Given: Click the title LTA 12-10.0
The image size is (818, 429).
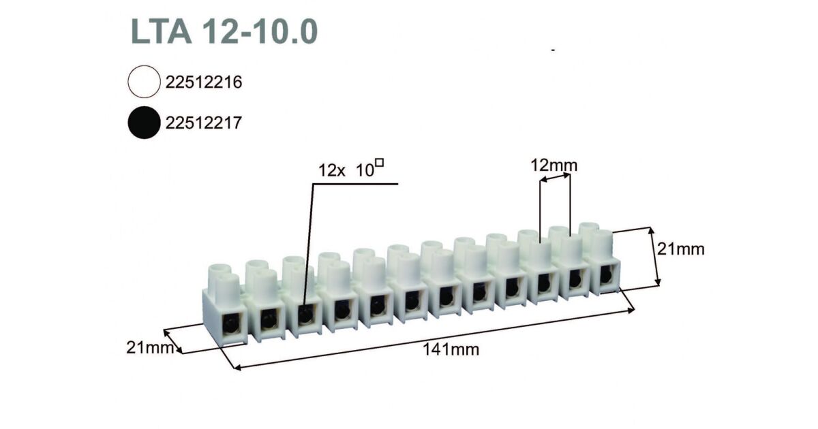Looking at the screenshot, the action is point(224,32).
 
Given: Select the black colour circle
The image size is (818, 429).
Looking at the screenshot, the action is point(144,123).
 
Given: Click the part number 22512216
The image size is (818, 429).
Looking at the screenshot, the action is point(204,82).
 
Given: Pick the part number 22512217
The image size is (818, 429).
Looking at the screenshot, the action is point(204,123).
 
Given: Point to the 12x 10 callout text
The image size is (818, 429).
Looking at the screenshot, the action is point(346,170).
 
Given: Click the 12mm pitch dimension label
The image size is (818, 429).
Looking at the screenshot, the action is point(554,165).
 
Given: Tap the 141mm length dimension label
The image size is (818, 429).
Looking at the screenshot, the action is point(451,350).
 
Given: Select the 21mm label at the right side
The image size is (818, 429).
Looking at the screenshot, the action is point(681,249).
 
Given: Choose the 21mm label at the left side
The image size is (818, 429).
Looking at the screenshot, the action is point(150,348).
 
